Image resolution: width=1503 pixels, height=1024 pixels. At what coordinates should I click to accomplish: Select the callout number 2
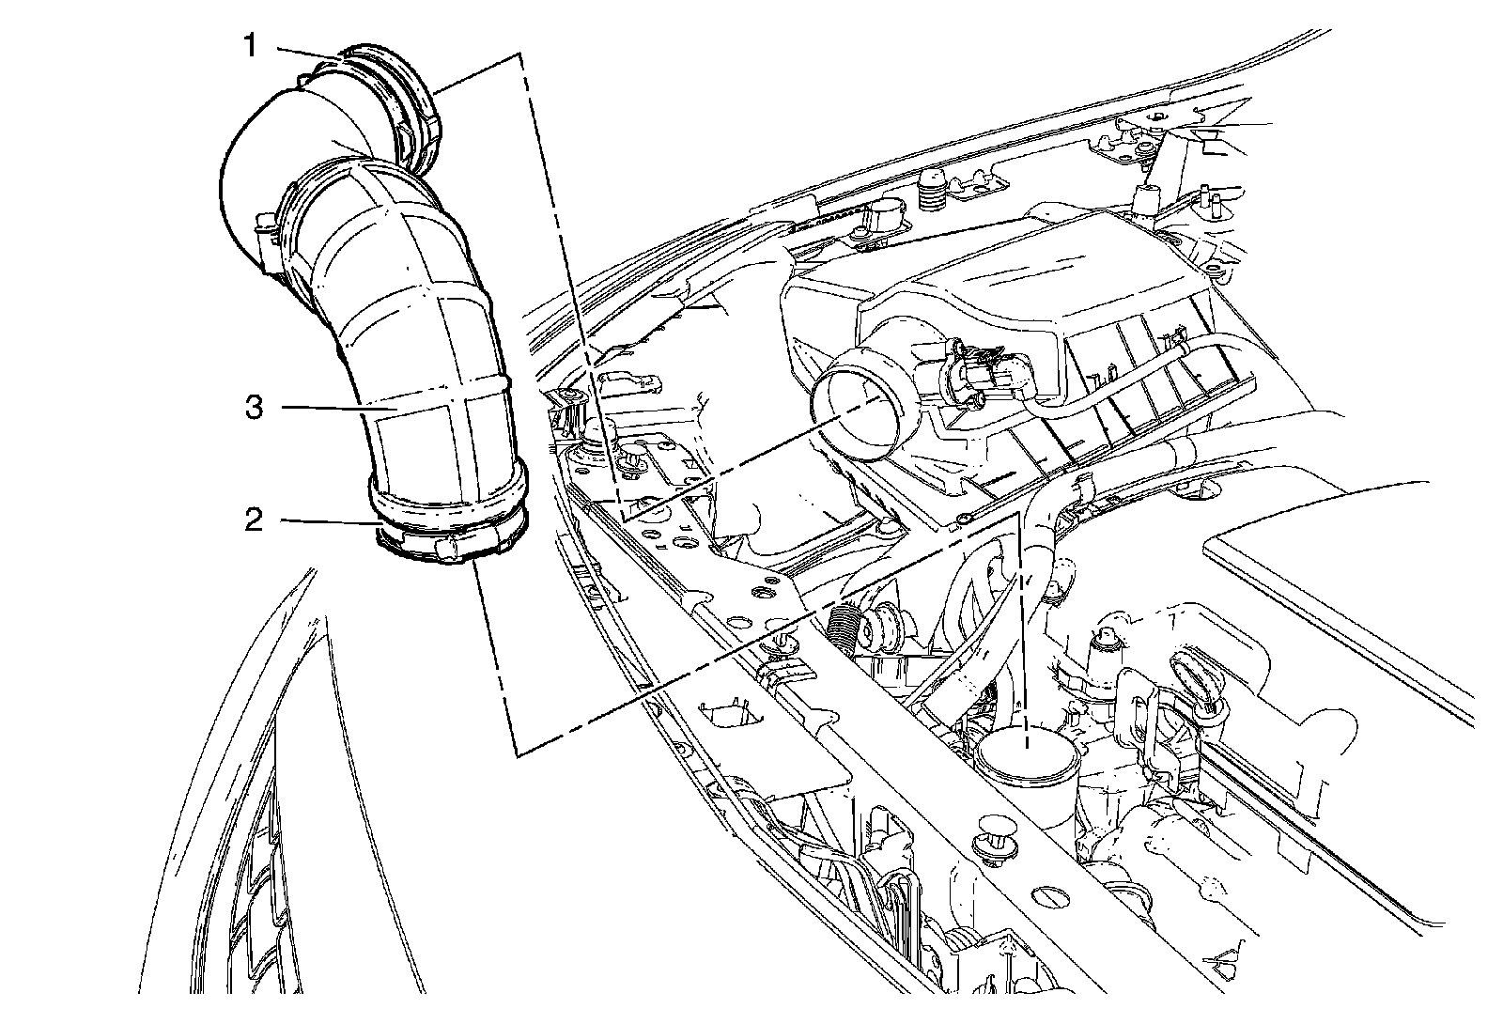point(253,520)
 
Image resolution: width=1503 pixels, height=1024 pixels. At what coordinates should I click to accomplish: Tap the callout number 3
point(253,409)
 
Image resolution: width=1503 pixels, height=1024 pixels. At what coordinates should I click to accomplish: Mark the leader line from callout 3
point(329,409)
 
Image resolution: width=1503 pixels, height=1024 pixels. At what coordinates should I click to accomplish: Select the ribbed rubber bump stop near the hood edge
point(932,198)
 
